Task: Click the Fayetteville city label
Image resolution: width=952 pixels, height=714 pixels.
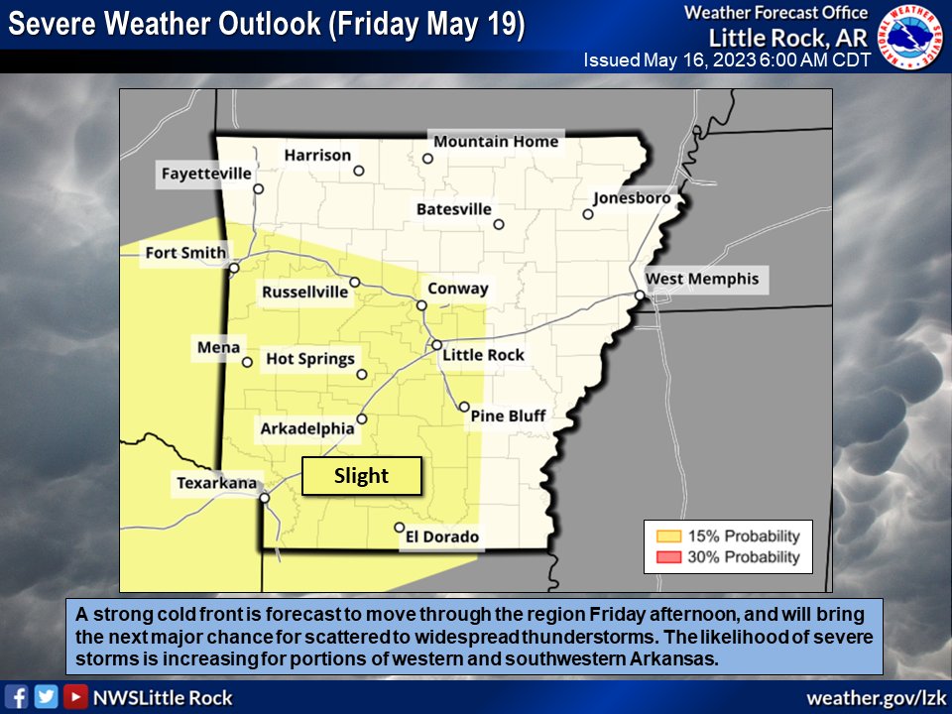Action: [206, 175]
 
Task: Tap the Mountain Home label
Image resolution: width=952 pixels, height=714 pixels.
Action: [496, 142]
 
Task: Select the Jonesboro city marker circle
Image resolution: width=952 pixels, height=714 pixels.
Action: [588, 213]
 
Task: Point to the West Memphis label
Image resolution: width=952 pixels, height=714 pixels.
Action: [702, 279]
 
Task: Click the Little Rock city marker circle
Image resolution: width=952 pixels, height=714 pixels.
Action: [436, 345]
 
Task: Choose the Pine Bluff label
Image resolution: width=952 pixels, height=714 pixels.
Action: [508, 416]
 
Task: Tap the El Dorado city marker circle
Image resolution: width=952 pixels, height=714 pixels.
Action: [399, 528]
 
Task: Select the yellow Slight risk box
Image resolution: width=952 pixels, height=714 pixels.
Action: [362, 476]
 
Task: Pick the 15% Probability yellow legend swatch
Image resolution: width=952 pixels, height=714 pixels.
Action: [664, 536]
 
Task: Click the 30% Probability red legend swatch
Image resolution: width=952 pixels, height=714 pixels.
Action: [664, 557]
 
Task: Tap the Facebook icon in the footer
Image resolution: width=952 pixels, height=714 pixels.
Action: [17, 697]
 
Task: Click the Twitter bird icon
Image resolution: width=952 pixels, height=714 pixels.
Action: [46, 697]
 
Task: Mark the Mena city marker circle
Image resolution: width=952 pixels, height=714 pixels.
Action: [247, 362]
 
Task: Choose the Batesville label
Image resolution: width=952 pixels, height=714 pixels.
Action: [454, 209]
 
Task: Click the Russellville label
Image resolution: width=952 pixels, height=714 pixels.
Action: [305, 292]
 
